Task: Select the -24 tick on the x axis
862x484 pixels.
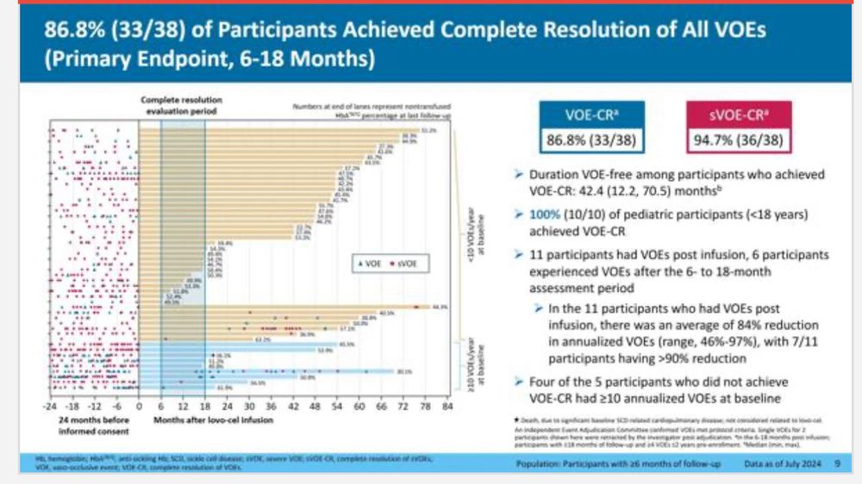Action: click(51, 406)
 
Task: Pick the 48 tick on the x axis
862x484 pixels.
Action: click(315, 406)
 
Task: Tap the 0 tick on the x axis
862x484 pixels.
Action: click(139, 406)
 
